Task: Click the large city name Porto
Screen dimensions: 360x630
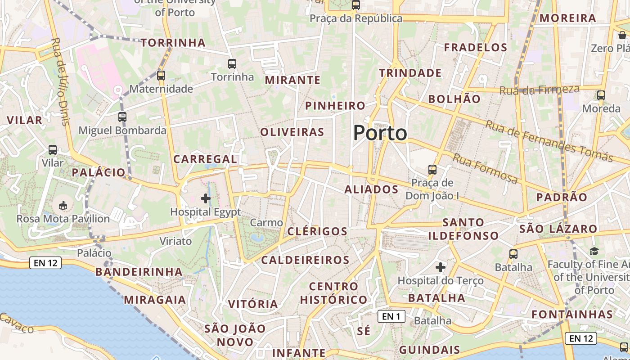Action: [x=380, y=133]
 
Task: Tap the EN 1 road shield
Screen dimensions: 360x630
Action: [x=391, y=316]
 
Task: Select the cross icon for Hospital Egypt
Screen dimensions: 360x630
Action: [x=206, y=198]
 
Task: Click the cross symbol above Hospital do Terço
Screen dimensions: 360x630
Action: [x=441, y=267]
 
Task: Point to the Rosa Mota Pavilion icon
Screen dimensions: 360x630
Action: [x=63, y=206]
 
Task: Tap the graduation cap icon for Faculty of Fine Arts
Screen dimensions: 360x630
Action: [x=594, y=251]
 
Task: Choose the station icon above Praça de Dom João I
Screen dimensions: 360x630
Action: [x=432, y=170]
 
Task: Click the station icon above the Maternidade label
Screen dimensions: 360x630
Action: [x=161, y=75]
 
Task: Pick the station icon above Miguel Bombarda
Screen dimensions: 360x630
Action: [x=122, y=117]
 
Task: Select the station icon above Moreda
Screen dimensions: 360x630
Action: [x=601, y=95]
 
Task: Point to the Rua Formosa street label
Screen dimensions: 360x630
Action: [x=485, y=168]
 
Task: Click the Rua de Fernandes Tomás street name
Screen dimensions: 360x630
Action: [x=549, y=141]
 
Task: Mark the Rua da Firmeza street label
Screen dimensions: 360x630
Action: [x=539, y=90]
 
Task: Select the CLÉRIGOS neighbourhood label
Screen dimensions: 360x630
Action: [x=317, y=232]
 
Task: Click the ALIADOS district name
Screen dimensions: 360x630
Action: [x=371, y=189]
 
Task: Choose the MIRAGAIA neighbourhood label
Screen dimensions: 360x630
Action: [x=155, y=300]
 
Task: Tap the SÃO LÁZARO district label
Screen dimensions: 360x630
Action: [x=558, y=229]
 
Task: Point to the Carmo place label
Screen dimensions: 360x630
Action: [x=266, y=223]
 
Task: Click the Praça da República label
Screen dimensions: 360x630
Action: [x=356, y=18]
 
